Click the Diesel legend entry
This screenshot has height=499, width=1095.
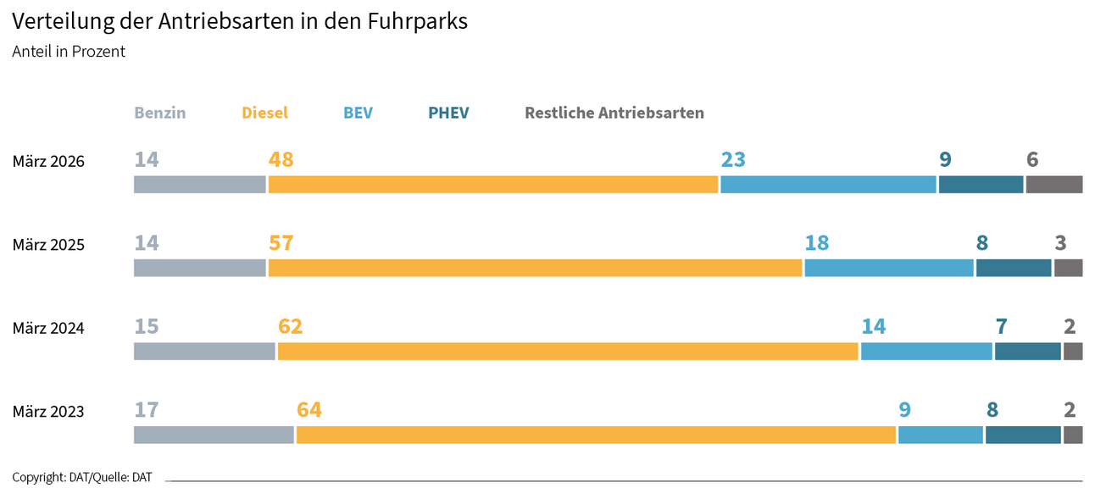coord(264,113)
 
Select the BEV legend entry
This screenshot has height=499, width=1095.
coord(358,113)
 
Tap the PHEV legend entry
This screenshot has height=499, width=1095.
coord(448,113)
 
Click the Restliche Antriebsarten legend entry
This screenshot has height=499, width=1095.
coord(614,113)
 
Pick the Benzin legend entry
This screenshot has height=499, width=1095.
coord(159,113)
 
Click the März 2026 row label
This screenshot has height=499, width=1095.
coord(48,161)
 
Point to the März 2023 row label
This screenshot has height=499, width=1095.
coord(48,412)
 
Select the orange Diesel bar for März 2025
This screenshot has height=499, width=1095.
coord(535,268)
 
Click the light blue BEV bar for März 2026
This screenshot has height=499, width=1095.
coord(828,185)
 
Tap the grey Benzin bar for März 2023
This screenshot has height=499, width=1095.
coord(214,435)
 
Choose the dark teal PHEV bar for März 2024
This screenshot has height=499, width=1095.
coord(1027,351)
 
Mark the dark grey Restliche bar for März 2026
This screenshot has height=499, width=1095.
coord(1053,185)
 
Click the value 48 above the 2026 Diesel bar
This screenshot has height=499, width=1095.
coord(281,159)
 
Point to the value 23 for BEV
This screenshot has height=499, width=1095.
coord(733,159)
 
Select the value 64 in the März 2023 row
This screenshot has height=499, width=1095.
coord(309,410)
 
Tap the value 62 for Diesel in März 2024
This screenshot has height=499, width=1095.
coord(290,326)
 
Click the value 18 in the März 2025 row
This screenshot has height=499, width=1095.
coord(816,243)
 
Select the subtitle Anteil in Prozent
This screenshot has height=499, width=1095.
coord(69,52)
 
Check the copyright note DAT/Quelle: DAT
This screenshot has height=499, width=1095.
coord(82,477)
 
